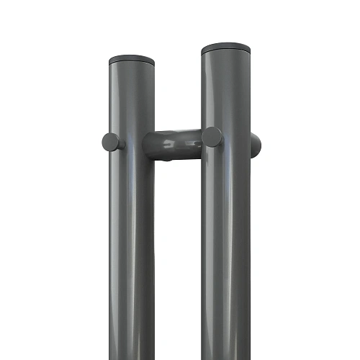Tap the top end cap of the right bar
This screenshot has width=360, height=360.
tap(226, 49)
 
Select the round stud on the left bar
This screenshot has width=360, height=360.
tap(111, 142)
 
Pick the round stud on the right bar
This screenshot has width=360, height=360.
tap(212, 137)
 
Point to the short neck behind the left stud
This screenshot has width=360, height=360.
tap(122, 143)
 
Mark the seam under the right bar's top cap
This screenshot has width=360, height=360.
tap(226, 55)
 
